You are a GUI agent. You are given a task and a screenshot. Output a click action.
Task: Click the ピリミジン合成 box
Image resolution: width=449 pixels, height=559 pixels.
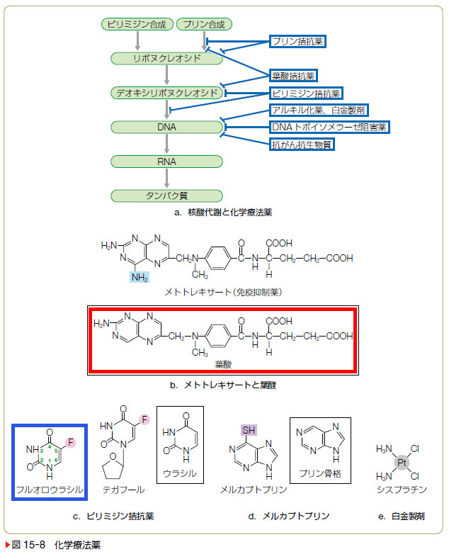pyautogui.click(x=137, y=24)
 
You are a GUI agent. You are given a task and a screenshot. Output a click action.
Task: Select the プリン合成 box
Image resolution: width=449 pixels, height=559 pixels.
pyautogui.click(x=203, y=24)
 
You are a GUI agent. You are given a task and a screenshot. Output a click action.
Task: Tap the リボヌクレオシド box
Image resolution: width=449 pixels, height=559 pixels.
pyautogui.click(x=167, y=59)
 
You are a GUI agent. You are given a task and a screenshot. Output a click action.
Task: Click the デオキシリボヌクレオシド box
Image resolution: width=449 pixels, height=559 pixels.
pyautogui.click(x=167, y=93)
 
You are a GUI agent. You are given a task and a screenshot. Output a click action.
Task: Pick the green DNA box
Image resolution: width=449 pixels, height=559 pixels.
pyautogui.click(x=167, y=128)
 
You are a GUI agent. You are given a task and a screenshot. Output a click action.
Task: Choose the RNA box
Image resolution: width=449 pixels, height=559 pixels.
pyautogui.click(x=167, y=162)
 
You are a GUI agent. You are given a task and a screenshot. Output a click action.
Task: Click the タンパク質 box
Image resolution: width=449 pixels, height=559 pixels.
pyautogui.click(x=167, y=196)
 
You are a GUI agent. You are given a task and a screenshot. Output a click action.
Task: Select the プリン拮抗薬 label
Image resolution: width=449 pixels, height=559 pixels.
pyautogui.click(x=298, y=42)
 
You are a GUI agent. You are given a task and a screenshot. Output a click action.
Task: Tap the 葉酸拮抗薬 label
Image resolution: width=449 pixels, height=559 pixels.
pyautogui.click(x=293, y=76)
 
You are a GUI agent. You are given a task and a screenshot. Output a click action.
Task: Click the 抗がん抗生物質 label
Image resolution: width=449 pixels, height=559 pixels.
pyautogui.click(x=302, y=145)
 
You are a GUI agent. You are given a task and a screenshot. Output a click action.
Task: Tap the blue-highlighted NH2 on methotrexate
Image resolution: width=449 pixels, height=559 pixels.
pyautogui.click(x=140, y=278)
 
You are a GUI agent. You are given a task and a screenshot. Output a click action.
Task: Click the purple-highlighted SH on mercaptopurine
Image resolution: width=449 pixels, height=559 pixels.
pyautogui.click(x=250, y=430)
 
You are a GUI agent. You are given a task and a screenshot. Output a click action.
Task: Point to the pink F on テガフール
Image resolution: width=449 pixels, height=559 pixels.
pyautogui.click(x=144, y=421)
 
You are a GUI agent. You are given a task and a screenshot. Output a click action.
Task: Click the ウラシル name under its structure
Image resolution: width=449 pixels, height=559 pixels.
pyautogui.click(x=179, y=473)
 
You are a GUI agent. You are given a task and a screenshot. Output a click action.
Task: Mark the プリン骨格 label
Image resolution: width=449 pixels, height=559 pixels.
pyautogui.click(x=320, y=474)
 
